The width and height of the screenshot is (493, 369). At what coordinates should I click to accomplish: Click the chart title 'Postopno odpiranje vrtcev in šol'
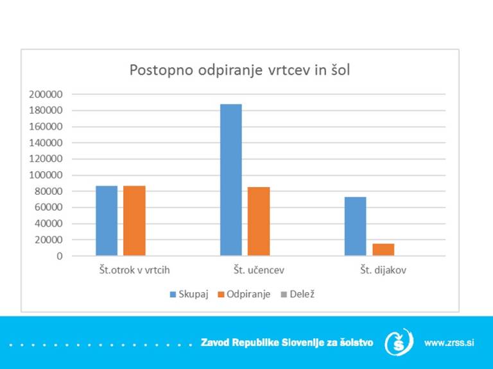(x=239, y=69)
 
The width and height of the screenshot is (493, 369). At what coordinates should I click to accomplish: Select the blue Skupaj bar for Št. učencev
(x=231, y=180)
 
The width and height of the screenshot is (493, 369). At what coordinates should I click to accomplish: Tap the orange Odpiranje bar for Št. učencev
(x=259, y=221)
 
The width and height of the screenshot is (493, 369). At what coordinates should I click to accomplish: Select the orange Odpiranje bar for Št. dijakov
(x=383, y=249)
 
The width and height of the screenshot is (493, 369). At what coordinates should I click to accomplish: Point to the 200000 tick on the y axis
(x=46, y=94)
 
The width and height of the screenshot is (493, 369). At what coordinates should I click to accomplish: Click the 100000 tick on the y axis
(x=46, y=175)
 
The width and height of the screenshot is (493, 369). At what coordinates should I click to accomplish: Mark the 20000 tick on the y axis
(x=48, y=240)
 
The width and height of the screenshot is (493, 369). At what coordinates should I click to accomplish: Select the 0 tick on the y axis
(x=59, y=256)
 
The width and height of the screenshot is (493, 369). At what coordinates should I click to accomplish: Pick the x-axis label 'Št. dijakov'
(x=383, y=270)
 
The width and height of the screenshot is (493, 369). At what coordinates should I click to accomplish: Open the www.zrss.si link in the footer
(x=449, y=343)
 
